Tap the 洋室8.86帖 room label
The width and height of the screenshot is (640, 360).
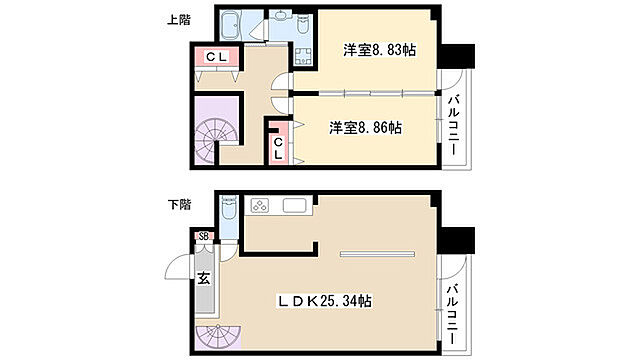tap(366, 128)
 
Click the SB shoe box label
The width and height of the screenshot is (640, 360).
tap(204, 236)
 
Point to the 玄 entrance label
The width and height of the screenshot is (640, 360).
tap(203, 279)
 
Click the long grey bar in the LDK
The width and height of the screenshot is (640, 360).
tap(376, 254)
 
